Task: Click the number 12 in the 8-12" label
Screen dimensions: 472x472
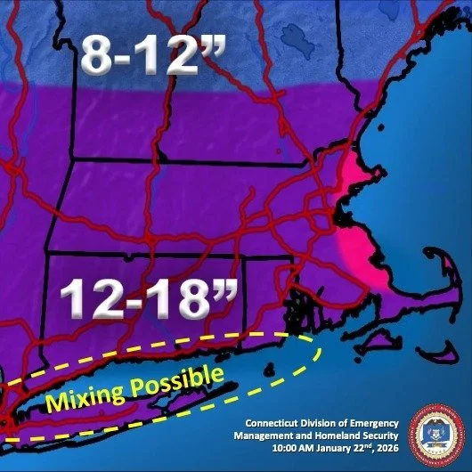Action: tap(178, 55)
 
